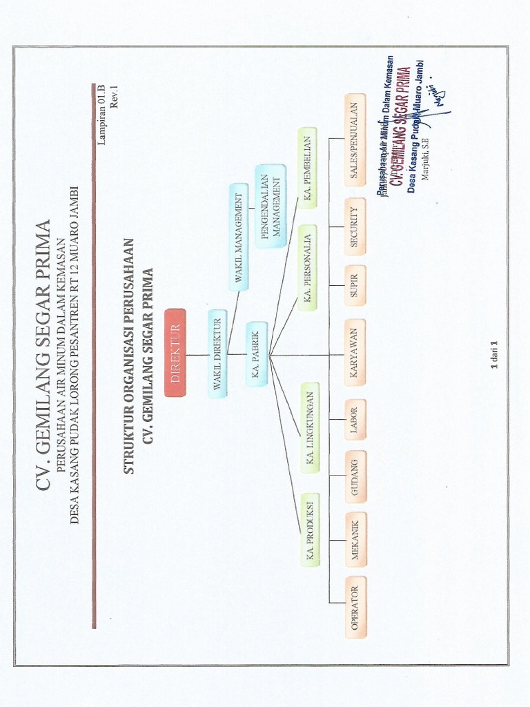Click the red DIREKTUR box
(175, 352)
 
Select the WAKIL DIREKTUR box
(217, 353)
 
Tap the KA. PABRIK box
(256, 353)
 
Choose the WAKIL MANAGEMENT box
(238, 237)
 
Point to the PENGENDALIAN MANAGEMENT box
(270, 205)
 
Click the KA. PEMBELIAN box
(307, 167)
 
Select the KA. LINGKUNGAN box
(310, 427)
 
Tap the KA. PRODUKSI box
(310, 529)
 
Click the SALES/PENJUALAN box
(355, 140)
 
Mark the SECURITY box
(355, 226)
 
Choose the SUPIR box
(355, 285)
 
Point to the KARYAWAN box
(355, 351)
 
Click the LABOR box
(355, 419)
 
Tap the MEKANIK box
(355, 539)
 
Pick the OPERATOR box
(355, 606)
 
